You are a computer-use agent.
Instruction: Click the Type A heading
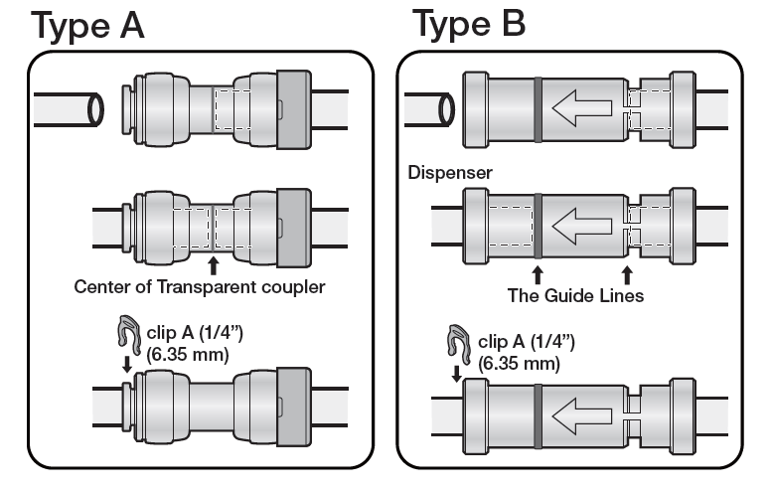[88, 24]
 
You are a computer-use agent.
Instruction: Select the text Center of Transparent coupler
[201, 288]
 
